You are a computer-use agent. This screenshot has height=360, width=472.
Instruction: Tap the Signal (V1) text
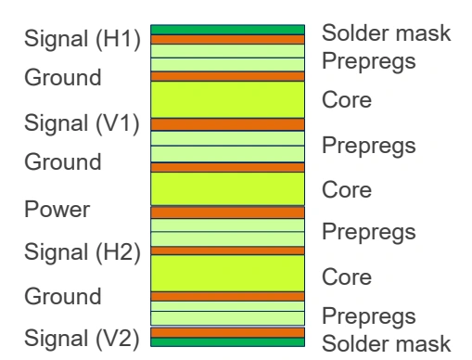pos(83,124)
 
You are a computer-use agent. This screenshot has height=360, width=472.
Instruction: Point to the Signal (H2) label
pos(83,251)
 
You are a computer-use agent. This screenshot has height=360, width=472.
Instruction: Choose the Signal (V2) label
pos(83,336)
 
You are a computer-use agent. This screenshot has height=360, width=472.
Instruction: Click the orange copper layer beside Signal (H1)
pos(228,40)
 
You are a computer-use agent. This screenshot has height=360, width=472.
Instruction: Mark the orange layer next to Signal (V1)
pos(228,123)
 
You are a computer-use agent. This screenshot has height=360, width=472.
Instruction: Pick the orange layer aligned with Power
pos(228,212)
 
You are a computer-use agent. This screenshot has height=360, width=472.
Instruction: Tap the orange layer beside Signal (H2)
pos(228,251)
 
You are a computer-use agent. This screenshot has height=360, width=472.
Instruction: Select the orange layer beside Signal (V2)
pos(228,332)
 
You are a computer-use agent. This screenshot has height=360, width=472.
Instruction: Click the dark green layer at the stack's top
pos(228,30)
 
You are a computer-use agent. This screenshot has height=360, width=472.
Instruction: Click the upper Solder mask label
pos(386,33)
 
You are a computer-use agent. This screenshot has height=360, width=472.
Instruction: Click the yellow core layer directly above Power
pos(228,188)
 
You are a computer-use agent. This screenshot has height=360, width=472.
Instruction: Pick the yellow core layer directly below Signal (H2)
pos(228,273)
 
